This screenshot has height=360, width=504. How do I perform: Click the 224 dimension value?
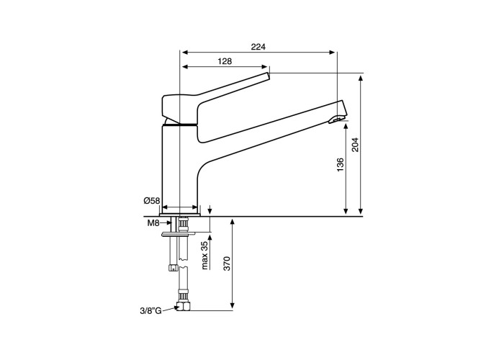pos(258,47)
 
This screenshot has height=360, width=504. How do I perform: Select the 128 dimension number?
pos(225,61)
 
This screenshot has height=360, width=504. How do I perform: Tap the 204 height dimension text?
pos(354,145)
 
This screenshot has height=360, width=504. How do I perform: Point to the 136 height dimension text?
pos(340,165)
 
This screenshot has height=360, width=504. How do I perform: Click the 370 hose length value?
pos(228,264)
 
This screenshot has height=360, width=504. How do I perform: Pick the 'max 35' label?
pos(205,256)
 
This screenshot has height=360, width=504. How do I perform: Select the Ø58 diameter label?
pos(152,201)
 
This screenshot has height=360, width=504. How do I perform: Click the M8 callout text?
pos(153,223)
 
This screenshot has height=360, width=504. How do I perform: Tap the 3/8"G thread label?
pos(150,310)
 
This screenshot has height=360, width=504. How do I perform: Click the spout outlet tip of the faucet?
pos(337,120)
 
